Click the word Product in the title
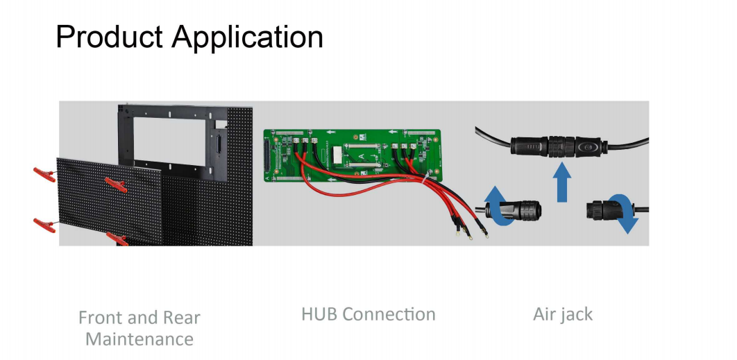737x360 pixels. (110, 37)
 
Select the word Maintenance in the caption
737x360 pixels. (139, 339)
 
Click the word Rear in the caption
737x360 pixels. (181, 318)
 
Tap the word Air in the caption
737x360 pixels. (544, 314)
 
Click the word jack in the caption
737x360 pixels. (576, 314)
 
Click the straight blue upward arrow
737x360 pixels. (561, 182)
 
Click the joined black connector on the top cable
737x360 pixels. (556, 146)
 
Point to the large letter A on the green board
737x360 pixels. (362, 156)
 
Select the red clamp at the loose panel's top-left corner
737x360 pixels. (44, 175)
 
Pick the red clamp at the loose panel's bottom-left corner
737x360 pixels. (44, 225)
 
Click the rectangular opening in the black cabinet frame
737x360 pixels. (173, 140)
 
